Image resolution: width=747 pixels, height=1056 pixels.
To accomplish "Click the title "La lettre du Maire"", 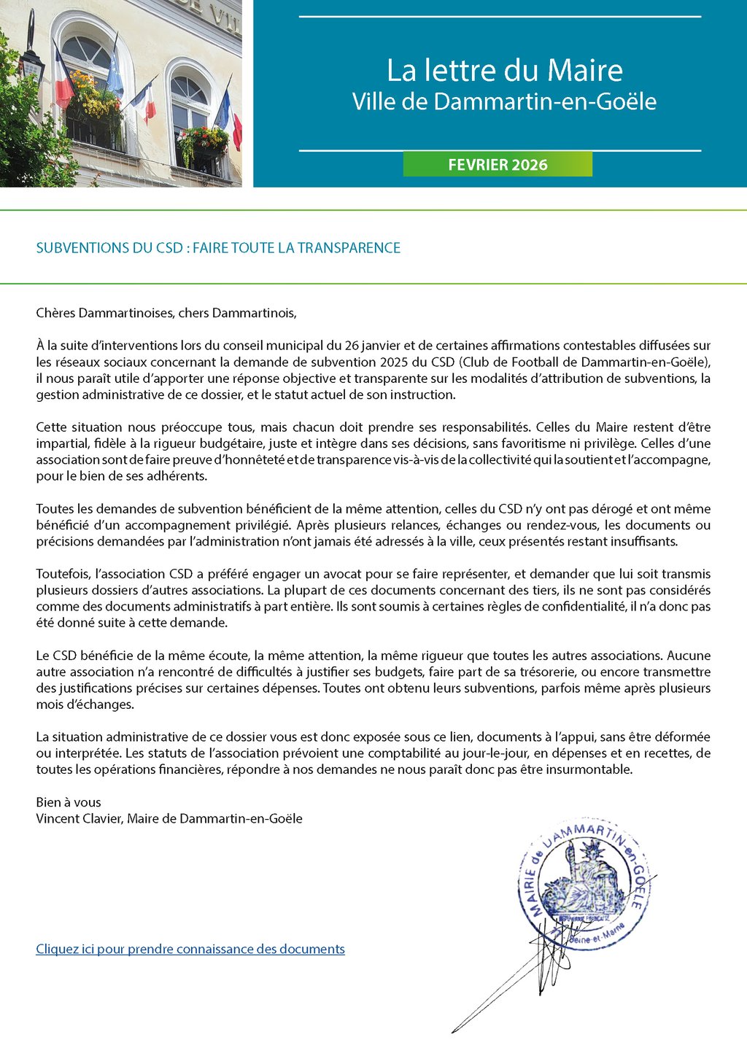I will [x=504, y=71].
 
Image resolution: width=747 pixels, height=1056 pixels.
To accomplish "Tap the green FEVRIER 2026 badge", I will [x=498, y=165].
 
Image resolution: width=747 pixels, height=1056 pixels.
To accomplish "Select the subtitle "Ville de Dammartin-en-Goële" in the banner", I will [x=504, y=101].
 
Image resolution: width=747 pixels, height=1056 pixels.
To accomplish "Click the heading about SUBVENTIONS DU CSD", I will [x=218, y=248].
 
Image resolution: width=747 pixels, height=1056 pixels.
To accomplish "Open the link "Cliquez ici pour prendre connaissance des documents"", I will [x=190, y=949].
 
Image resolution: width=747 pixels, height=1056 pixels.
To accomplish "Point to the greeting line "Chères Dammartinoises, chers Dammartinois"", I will [x=166, y=314].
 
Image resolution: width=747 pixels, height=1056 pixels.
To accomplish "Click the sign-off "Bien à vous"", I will [x=69, y=802].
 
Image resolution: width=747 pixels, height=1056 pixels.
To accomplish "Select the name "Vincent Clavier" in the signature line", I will [x=79, y=818].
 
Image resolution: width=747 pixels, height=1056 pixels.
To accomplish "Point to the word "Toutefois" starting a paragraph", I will [x=63, y=574].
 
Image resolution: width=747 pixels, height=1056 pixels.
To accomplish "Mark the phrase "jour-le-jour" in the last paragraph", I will [x=506, y=753].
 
